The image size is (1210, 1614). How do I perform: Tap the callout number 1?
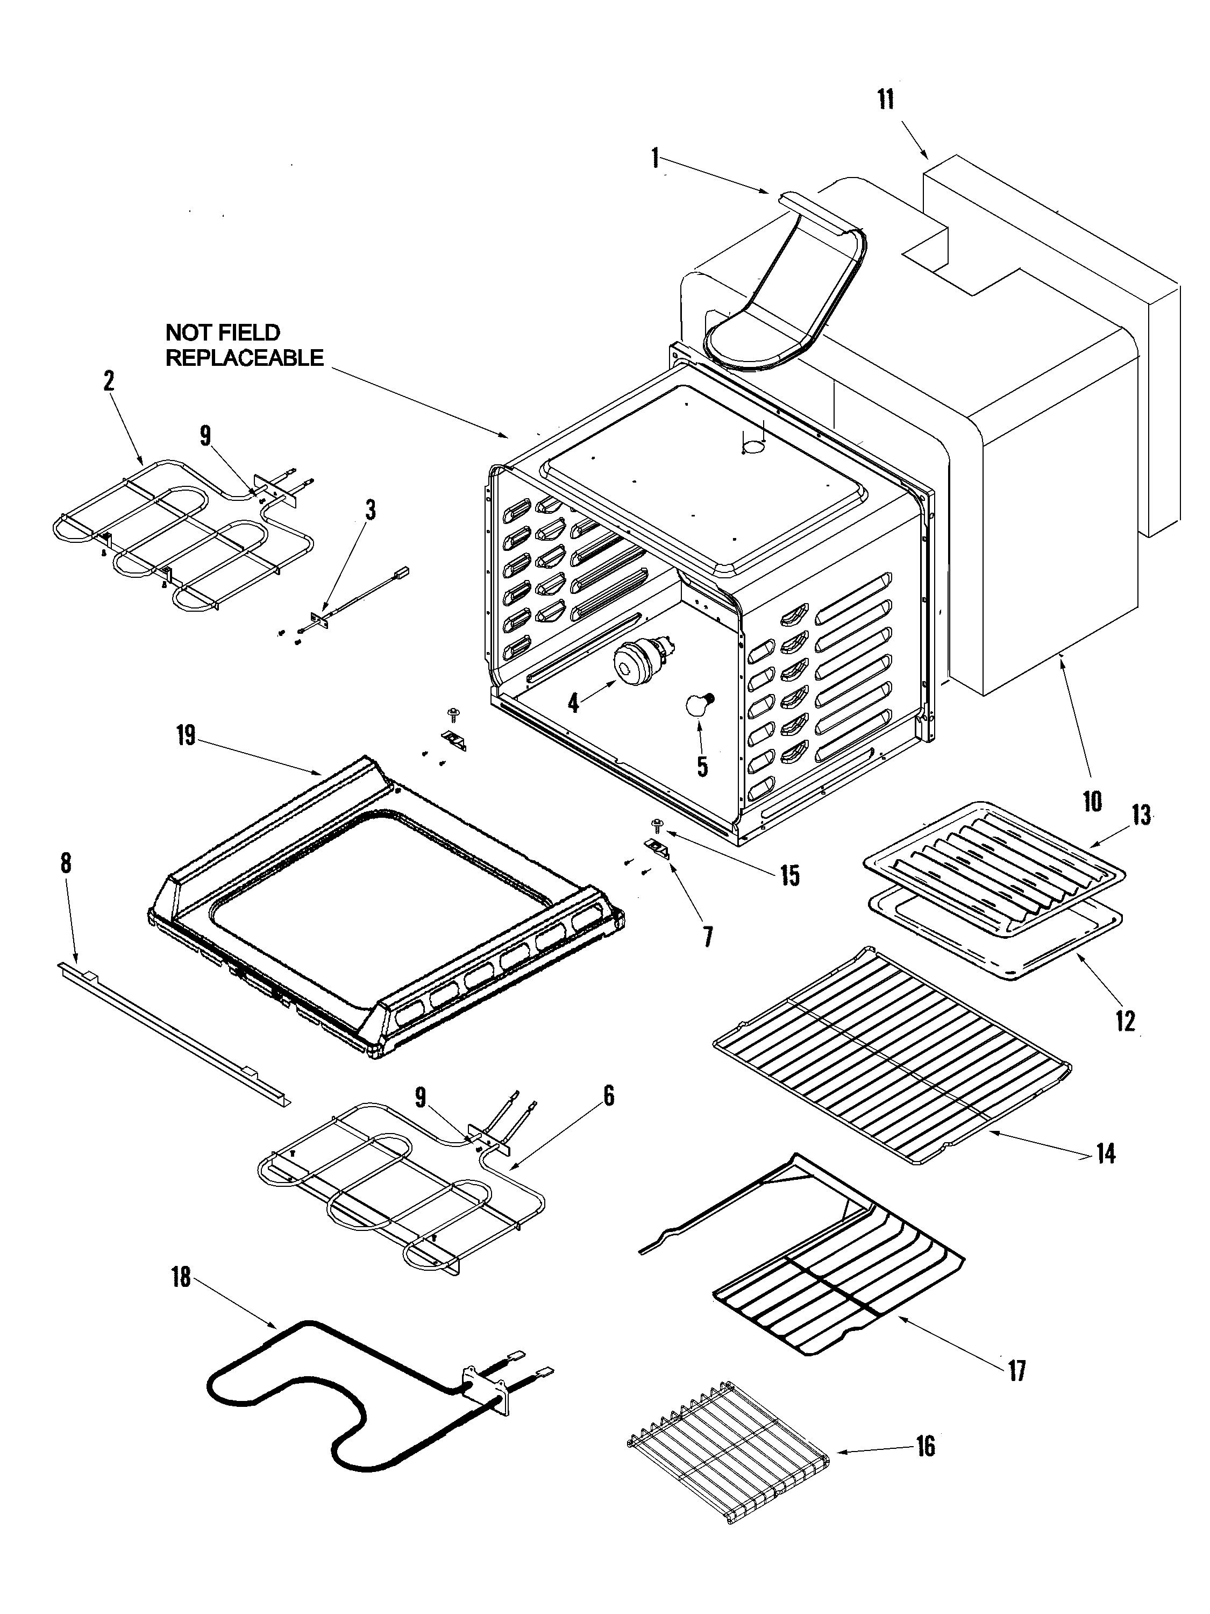point(655,158)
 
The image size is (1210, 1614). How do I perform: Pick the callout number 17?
point(1017,1370)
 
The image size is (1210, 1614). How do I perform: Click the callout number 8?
point(66,862)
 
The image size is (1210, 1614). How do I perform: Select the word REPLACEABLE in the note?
point(244,358)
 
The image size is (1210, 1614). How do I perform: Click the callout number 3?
point(371,510)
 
